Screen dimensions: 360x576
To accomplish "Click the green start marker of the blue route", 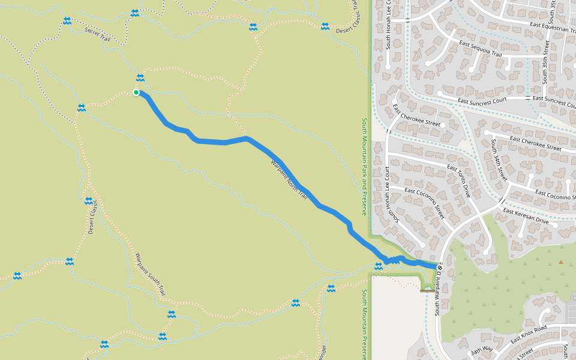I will tap(136, 92).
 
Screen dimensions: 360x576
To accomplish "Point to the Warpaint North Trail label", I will tap(289, 180).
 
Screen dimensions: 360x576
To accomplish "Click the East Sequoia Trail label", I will tap(480, 49).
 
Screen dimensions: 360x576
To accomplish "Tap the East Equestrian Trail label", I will tap(549, 26).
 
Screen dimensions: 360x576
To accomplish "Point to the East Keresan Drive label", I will tap(526, 216).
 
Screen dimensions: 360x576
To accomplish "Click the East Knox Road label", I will tap(529, 335).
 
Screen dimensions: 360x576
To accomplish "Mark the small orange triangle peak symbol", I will tap(561, 262).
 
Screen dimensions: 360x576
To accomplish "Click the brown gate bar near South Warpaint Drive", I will tap(427, 290).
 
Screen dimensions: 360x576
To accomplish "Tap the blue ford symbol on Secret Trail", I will tap(67, 21).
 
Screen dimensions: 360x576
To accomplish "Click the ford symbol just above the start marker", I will tap(140, 77).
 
